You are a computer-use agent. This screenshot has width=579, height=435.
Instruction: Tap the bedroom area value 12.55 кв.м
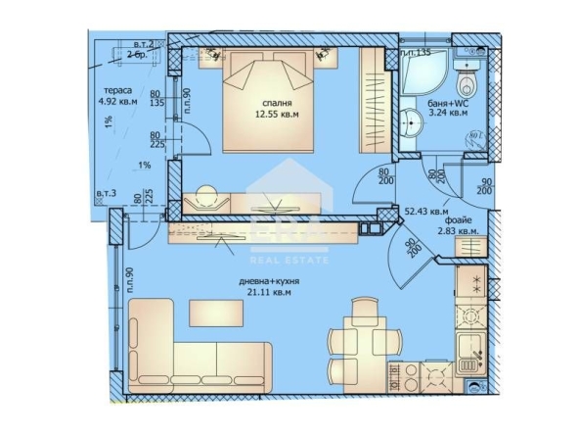pos(276,114)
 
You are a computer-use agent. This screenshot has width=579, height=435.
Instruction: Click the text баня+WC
pos(447,102)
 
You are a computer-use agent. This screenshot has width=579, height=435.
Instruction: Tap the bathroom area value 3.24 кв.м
pos(448,114)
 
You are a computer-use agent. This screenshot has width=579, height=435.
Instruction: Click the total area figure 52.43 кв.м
pos(426,211)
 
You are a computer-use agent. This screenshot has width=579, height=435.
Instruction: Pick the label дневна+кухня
pos(269,280)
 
